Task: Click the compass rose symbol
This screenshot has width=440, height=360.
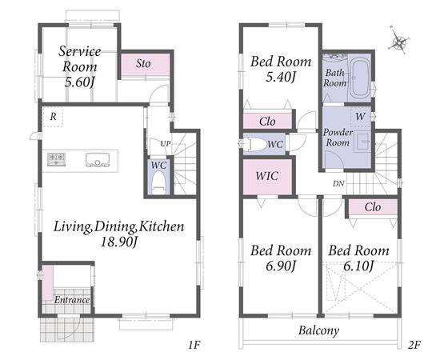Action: click(x=398, y=42)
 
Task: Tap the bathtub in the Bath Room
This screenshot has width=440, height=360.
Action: click(x=361, y=78)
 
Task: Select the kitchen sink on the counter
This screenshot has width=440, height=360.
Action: click(x=98, y=160)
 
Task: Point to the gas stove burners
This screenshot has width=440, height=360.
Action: click(x=56, y=159)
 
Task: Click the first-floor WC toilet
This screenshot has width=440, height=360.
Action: click(x=158, y=183)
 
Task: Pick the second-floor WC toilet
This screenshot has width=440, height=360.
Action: click(x=254, y=144)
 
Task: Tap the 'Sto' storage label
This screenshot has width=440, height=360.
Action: click(x=143, y=64)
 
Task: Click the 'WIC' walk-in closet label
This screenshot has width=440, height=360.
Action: click(x=267, y=176)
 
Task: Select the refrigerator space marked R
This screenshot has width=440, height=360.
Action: click(x=53, y=117)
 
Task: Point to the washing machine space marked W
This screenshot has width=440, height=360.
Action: click(x=360, y=116)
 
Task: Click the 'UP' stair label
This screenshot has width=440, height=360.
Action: click(x=165, y=144)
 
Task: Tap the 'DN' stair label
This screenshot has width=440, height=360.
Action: click(x=338, y=184)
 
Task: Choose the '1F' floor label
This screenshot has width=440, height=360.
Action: click(x=194, y=345)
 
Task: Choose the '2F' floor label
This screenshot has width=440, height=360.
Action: click(x=414, y=345)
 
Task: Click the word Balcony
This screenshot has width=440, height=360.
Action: click(x=318, y=330)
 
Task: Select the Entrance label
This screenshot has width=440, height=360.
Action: click(x=72, y=300)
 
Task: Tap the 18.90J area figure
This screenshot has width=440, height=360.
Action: click(x=118, y=242)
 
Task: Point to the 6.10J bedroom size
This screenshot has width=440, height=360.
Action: click(x=358, y=265)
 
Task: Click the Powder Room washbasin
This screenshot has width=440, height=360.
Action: click(x=364, y=142)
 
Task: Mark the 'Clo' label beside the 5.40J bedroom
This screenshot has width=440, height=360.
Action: click(x=267, y=122)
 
